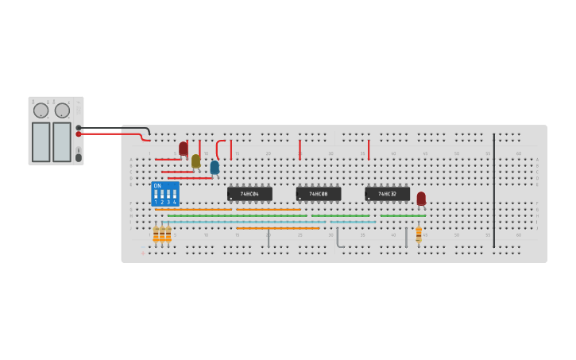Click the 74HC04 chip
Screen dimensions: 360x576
pos(249,194)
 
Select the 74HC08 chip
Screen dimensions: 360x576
pos(319,194)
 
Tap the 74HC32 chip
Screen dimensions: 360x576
pos(387,194)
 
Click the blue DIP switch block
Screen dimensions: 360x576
pos(165,194)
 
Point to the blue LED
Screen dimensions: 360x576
pos(215,167)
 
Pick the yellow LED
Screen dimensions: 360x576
pos(195,161)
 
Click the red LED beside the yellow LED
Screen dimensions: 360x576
pos(184,148)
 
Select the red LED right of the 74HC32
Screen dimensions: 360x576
pos(421,198)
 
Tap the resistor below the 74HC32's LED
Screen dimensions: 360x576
pos(419,234)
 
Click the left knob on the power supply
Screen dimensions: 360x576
pos(41,110)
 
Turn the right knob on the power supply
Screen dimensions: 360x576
pos(62,110)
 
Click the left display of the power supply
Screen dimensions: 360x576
pos(41,141)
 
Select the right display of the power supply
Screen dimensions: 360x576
pos(62,141)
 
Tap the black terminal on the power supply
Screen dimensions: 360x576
pos(79,128)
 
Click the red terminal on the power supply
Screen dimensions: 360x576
pos(79,134)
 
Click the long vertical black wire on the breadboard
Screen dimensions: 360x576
pos(494,191)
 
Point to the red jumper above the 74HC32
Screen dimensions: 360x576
pos(369,149)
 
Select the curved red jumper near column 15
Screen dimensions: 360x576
pos(218,149)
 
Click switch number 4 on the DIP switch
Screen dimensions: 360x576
pos(175,194)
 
